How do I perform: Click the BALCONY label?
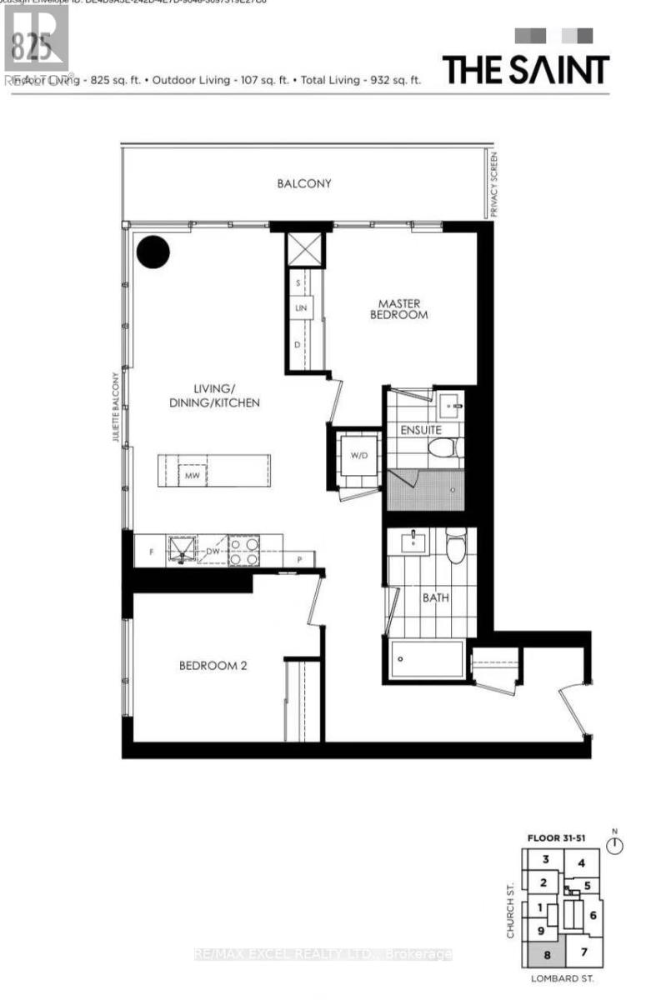click(x=304, y=183)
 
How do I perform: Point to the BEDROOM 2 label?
click(x=212, y=666)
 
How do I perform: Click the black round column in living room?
click(x=153, y=252)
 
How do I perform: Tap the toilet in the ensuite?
click(x=443, y=448)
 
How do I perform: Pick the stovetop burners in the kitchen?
click(x=243, y=550)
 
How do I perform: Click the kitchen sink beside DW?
click(x=181, y=549)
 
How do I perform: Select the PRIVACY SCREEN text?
click(x=493, y=185)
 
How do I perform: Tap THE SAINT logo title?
click(x=526, y=69)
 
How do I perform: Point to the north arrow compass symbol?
click(x=616, y=847)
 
